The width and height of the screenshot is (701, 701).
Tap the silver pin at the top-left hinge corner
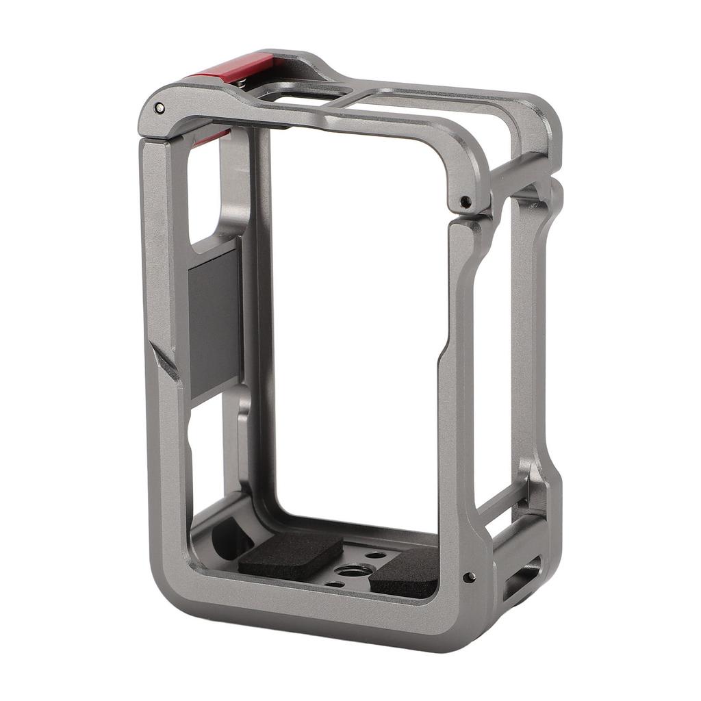159,107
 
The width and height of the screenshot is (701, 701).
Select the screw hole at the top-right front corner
465,201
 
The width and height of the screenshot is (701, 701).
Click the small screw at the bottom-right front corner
469,577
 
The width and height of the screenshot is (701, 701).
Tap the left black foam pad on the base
290,552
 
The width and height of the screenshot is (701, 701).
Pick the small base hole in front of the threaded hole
335,584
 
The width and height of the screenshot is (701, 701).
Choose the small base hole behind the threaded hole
375,555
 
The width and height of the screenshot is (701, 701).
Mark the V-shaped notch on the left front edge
165,363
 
